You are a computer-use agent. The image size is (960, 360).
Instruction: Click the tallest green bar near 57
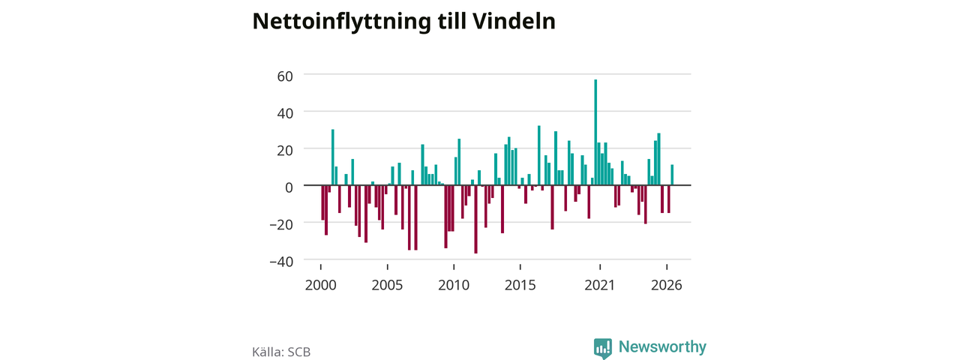(595, 133)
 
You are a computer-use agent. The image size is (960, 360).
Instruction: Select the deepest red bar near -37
(475, 219)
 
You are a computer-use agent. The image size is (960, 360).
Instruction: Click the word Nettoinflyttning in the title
(341, 22)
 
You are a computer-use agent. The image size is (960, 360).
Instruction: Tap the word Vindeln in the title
(514, 21)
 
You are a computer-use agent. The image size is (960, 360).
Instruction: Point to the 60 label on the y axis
(285, 76)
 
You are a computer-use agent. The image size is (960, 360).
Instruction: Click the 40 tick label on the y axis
(285, 113)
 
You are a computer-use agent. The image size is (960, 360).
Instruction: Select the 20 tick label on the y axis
(285, 151)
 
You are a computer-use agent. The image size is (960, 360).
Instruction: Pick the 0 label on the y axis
(289, 187)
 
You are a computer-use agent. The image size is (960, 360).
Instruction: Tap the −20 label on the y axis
(281, 224)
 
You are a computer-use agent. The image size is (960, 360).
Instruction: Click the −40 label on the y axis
(281, 262)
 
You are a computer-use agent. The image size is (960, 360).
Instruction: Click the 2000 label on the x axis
(320, 286)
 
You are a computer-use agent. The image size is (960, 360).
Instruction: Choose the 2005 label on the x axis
(387, 286)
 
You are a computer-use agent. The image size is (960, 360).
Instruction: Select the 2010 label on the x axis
(454, 286)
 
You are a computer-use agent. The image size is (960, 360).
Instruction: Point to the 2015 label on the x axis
(520, 286)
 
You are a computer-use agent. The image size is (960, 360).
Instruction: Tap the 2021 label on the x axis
(599, 286)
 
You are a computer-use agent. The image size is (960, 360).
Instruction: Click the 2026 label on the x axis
(667, 286)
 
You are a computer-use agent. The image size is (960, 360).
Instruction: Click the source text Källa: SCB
(281, 352)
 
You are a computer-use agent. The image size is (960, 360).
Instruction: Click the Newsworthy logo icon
(603, 348)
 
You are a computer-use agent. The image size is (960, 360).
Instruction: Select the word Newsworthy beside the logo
(662, 346)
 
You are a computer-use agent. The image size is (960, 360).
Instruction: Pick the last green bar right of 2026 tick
(672, 175)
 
